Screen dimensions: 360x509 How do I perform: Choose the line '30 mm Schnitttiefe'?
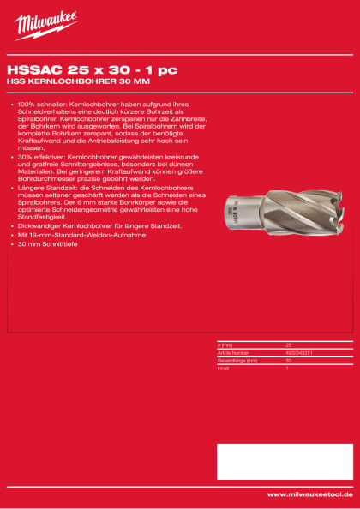tap(51, 243)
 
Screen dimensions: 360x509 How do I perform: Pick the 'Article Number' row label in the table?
tap(233, 352)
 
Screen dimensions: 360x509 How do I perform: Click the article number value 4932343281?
tap(298, 352)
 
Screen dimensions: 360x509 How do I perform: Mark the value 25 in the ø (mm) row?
tap(288, 344)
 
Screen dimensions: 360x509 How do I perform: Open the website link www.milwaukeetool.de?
tap(309, 494)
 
